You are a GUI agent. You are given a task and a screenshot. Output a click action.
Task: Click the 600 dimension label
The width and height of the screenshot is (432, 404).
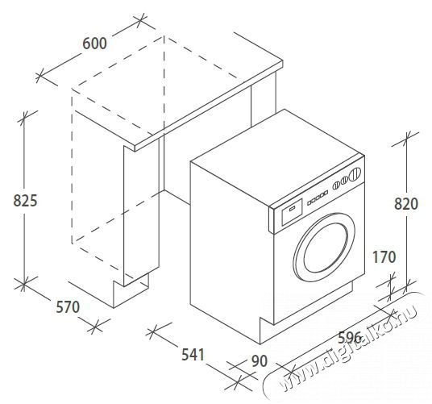point(94,44)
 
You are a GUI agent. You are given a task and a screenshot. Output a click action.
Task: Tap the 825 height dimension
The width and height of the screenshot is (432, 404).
point(25,200)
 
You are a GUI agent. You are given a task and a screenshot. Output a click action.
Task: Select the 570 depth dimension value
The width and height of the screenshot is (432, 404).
point(68,307)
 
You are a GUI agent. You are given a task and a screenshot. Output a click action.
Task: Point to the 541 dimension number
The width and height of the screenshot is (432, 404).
point(193,355)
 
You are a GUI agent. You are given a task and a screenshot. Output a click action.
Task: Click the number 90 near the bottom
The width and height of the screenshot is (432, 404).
point(260,361)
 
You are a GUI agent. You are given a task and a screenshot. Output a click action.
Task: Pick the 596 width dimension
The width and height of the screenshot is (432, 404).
point(350,337)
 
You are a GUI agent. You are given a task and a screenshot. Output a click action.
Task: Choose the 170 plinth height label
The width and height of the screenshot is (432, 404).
point(384,257)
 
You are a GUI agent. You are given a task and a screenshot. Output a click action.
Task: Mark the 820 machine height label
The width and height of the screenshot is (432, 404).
point(406,204)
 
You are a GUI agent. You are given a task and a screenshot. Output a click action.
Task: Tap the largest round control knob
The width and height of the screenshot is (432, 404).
point(355,174)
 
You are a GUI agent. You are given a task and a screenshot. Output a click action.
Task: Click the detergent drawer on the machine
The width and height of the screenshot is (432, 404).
point(292,212)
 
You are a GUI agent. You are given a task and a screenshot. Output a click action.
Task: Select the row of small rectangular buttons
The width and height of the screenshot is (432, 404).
point(318,198)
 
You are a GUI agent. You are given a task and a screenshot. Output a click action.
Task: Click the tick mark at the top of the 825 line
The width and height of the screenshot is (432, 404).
point(24,116)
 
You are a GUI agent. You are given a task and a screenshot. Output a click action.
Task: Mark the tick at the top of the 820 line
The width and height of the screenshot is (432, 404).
point(406,139)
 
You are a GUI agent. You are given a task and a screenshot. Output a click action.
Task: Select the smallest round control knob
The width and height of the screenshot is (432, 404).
point(336,185)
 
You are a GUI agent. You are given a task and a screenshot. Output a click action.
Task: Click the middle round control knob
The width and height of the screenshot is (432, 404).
point(344,181)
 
